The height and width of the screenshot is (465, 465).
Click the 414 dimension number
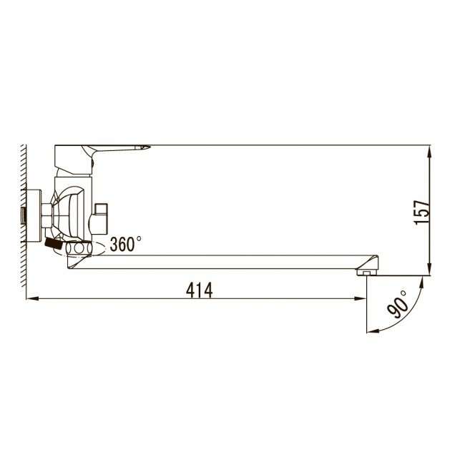click(200, 290)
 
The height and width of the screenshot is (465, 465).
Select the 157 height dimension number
click(422, 212)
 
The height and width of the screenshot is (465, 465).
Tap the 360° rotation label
click(125, 244)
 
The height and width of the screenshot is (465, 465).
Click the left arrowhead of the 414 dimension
click(32, 298)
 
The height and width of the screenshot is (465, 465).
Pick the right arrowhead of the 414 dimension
click(361, 298)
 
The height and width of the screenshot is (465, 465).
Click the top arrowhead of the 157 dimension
click(430, 151)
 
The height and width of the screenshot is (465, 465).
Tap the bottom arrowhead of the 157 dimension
click(430, 269)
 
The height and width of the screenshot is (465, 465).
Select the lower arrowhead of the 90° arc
click(373, 331)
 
